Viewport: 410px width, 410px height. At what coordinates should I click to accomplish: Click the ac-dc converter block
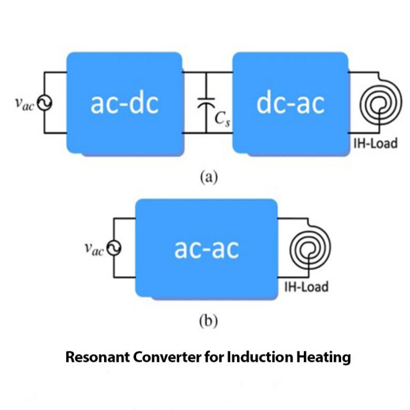pos(124,102)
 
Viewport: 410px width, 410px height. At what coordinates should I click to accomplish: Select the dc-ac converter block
pos(290,102)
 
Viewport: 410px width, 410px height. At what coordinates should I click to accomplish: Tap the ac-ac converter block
pos(206,248)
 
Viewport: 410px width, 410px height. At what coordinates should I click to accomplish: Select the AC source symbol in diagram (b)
pos(114,248)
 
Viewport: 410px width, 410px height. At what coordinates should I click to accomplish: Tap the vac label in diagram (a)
pos(25,103)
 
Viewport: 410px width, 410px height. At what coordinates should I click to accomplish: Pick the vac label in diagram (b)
pos(94,248)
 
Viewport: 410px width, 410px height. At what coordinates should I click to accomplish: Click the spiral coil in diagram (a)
pos(380,103)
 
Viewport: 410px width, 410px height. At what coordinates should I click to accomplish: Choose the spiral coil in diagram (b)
pos(309,248)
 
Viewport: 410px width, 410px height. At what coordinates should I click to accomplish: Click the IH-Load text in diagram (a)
pos(376,143)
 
